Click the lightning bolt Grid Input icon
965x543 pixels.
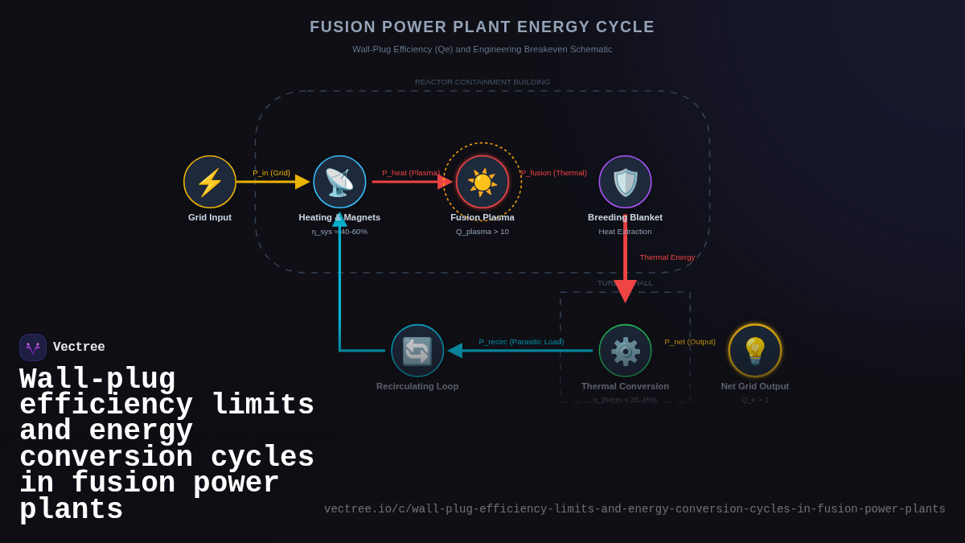coord(210,182)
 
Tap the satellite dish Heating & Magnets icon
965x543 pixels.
coord(339,182)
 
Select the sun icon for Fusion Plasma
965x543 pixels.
coord(482,182)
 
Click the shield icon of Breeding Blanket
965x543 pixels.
coord(625,182)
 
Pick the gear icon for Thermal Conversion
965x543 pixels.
coord(625,351)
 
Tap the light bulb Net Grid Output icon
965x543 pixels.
coord(755,351)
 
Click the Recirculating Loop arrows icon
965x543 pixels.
coord(417,351)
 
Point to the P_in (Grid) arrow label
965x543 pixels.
coord(271,173)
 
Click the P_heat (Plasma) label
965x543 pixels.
coord(410,173)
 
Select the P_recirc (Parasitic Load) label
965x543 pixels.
coord(521,342)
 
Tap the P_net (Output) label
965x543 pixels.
coord(690,342)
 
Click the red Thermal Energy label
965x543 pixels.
coord(667,257)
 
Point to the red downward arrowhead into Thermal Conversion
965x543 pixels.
coord(625,291)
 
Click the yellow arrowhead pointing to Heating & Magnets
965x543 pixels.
coord(302,182)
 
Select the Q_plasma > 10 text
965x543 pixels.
coord(482,232)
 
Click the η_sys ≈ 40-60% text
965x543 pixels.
coord(339,232)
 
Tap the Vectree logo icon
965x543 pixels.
coord(33,348)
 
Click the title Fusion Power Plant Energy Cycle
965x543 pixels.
coord(482,27)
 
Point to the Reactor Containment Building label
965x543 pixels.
coord(482,82)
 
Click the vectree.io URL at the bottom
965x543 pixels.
coord(634,509)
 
